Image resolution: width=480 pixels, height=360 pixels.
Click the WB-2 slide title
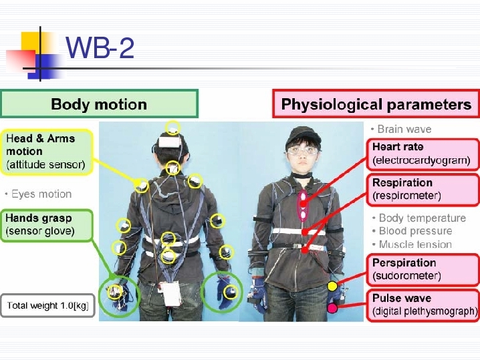click(x=100, y=47)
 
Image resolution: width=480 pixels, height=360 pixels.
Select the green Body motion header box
click(x=99, y=104)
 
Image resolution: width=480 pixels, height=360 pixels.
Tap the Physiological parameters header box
click(x=376, y=104)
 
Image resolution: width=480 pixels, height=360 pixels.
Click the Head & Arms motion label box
click(x=47, y=152)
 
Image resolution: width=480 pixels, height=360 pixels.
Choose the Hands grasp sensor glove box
click(x=46, y=225)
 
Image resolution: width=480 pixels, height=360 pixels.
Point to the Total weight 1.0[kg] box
click(x=47, y=305)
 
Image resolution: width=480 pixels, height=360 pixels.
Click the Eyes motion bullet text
click(x=39, y=194)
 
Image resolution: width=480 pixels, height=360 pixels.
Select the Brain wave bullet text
click(x=401, y=129)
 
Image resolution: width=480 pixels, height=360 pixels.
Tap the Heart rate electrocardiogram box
click(x=423, y=154)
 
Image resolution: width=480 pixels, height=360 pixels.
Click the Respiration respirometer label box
click(x=423, y=190)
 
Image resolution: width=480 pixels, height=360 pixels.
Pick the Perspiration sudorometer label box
click(x=423, y=269)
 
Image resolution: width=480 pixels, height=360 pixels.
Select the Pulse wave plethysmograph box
click(x=423, y=305)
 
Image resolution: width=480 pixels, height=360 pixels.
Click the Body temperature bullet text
click(x=419, y=218)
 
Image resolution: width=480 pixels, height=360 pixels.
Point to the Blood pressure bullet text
click(x=412, y=231)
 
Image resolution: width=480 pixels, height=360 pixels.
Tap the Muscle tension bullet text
click(x=412, y=244)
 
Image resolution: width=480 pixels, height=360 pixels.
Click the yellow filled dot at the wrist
click(x=332, y=287)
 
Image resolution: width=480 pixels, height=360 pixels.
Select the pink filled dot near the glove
click(x=332, y=308)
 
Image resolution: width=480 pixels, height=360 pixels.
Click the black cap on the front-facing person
click(x=302, y=136)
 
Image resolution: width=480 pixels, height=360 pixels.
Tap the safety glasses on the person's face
click(x=302, y=151)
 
